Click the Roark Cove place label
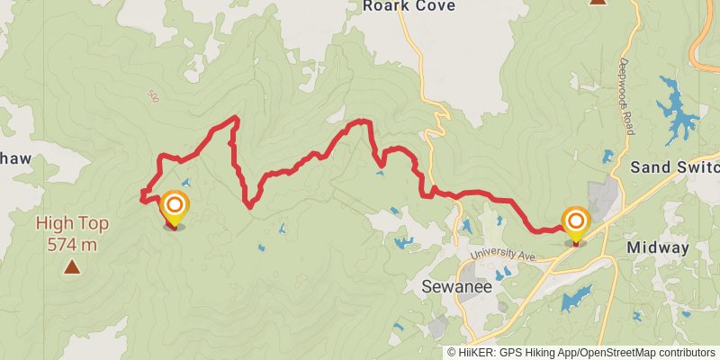tap(409, 6)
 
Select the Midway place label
tap(658, 247)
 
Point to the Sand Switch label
tap(674, 167)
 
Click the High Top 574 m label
tap(67, 233)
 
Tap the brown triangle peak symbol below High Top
tap(71, 266)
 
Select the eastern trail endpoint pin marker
tap(575, 225)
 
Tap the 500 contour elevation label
tap(153, 95)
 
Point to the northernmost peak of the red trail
tap(236, 118)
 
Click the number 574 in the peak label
tap(58, 244)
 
